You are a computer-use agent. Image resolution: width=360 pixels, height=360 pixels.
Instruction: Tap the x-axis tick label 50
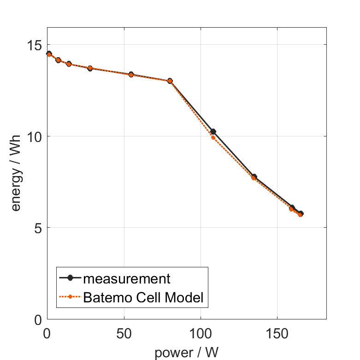point(124,333)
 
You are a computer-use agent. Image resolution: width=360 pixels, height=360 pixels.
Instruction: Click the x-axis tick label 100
point(201,333)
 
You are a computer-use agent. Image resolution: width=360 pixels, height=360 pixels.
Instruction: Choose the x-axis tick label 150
point(277,333)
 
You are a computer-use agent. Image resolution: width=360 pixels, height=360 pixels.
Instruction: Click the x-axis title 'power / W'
point(187,352)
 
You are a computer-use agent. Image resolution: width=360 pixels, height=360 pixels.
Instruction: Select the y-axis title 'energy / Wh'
point(17,182)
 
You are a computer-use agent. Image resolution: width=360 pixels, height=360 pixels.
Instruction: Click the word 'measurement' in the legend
point(127,278)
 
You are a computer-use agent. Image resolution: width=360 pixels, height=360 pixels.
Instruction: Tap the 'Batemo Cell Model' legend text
point(143,297)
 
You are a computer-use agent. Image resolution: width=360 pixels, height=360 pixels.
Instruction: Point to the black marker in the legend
point(70,278)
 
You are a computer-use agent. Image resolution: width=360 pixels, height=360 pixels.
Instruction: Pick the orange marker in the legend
point(70,297)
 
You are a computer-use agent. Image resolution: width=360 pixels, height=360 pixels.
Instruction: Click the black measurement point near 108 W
point(213,132)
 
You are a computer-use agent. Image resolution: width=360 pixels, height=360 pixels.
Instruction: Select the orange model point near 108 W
point(213,137)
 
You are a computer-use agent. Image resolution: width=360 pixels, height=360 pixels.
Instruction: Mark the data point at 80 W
point(170,81)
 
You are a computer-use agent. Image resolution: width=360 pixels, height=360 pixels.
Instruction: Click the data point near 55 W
point(131,74)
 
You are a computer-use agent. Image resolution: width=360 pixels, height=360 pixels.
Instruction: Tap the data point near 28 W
point(90,68)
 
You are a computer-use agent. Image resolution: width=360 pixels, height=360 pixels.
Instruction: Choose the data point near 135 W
point(254,177)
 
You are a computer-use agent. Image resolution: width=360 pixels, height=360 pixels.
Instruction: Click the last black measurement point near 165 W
point(301,213)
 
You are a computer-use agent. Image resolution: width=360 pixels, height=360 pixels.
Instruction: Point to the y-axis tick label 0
point(39,319)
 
